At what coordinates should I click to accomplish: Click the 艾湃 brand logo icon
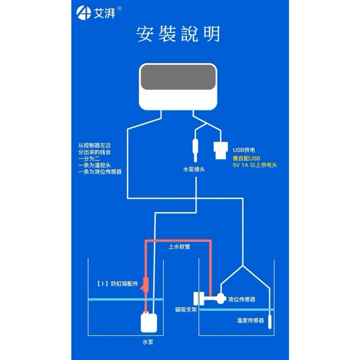tap(83, 14)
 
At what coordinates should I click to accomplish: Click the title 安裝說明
tap(179, 34)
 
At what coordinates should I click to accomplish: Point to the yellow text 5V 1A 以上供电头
tap(255, 165)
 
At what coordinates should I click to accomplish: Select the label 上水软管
tap(179, 247)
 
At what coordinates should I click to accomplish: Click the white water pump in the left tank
tap(148, 322)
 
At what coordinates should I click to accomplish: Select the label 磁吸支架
tap(186, 310)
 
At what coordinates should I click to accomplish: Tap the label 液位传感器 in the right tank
tap(242, 300)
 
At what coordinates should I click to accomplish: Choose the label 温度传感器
tap(250, 321)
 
